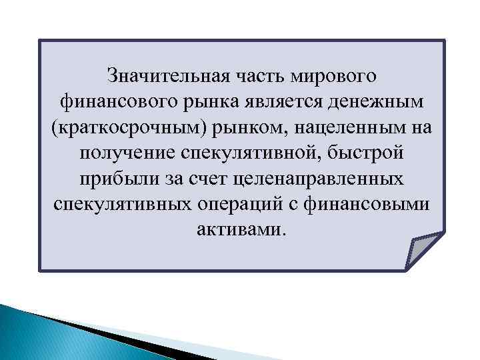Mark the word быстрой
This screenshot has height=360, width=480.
pyautogui.click(x=363, y=153)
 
